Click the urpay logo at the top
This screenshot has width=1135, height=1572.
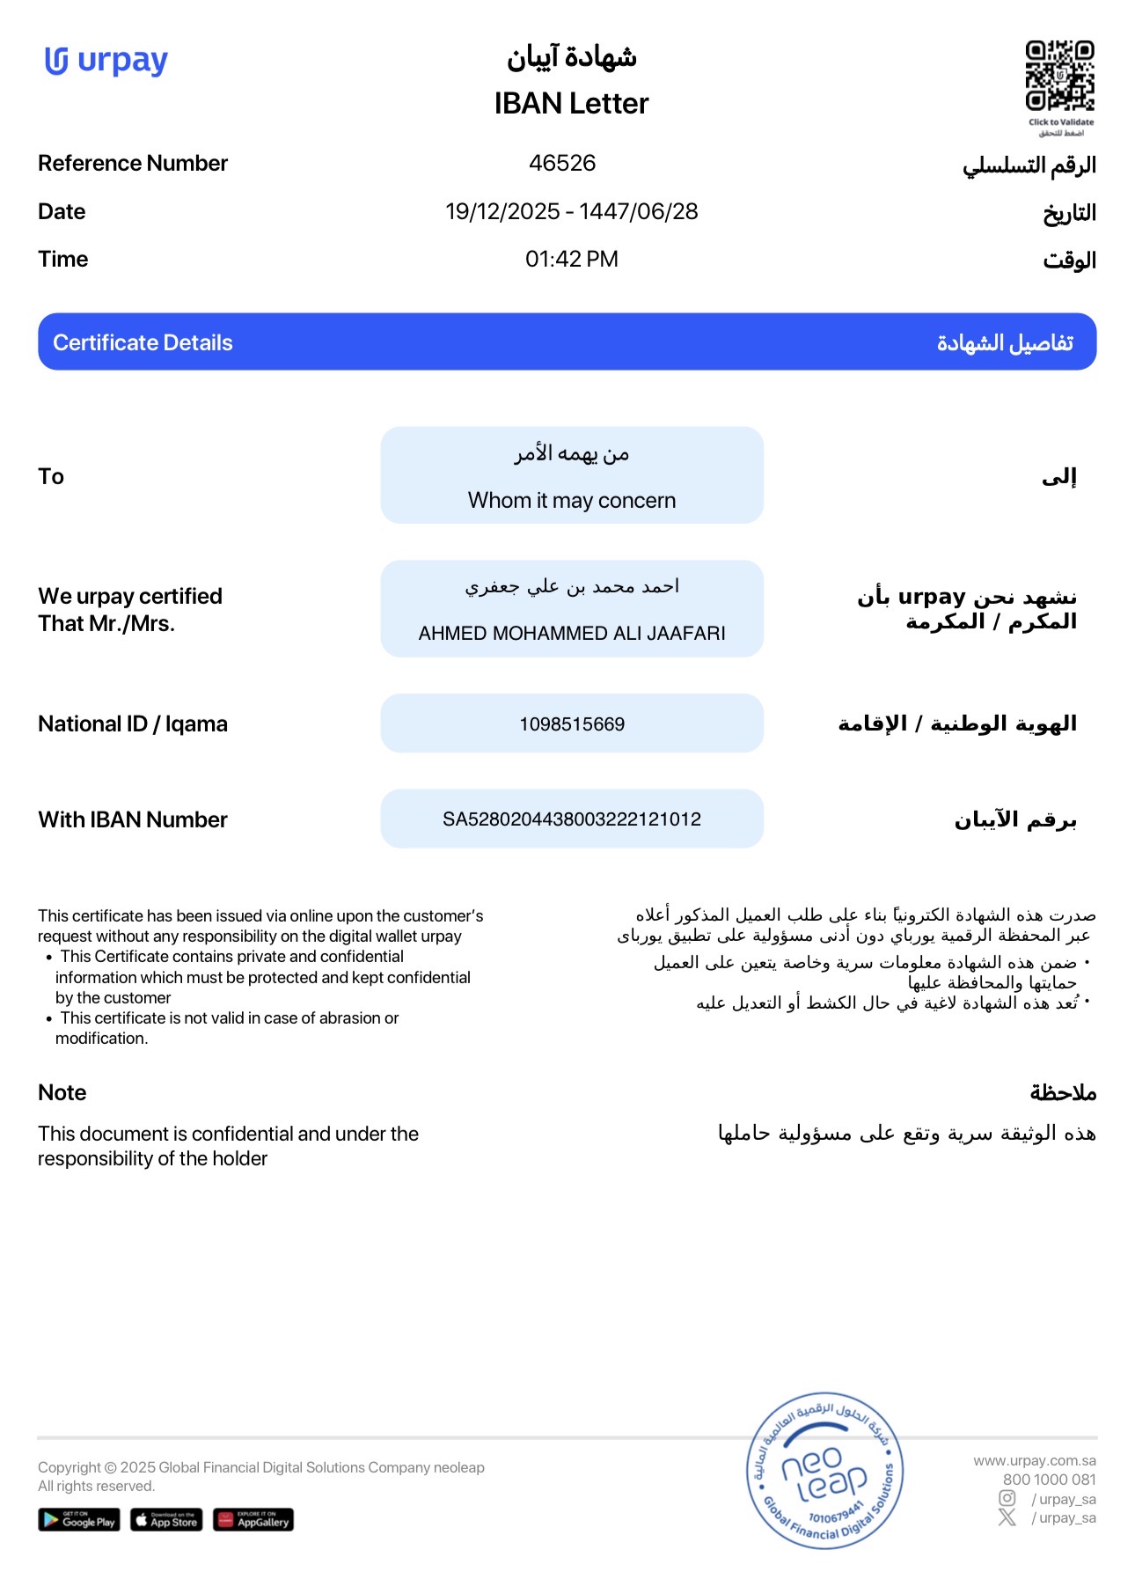pos(106,62)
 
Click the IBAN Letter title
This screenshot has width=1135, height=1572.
pos(571,104)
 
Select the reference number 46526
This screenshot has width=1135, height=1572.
pos(562,163)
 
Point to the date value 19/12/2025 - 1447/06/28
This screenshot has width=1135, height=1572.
pos(571,211)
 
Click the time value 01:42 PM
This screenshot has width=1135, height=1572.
pos(571,259)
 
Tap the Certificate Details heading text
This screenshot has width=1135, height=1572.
pos(143,342)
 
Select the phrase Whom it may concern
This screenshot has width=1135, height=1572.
pos(572,500)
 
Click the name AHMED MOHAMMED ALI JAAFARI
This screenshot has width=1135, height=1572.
pos(572,633)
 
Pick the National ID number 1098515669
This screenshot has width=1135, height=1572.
pos(572,724)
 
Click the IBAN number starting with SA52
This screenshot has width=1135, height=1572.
pos(572,819)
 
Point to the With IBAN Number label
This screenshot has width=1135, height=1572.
pos(133,819)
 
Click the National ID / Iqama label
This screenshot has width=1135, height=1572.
pos(133,724)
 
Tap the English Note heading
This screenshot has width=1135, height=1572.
pos(62,1092)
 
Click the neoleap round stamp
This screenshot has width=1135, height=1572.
pos(824,1470)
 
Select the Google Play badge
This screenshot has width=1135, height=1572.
pos(78,1520)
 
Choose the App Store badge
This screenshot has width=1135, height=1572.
pos(166,1520)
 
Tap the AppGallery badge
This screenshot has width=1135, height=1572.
pos(253,1520)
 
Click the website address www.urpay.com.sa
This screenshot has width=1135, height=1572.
pos(1034,1460)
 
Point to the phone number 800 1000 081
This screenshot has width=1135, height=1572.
pos(1049,1480)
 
